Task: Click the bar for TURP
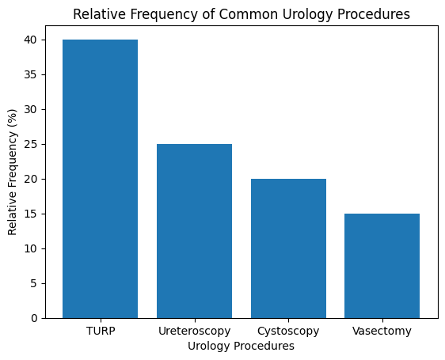pos(100,179)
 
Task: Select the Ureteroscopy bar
pos(194,231)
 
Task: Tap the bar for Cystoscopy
pos(288,248)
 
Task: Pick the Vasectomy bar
pos(382,266)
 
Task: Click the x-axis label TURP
pos(100,332)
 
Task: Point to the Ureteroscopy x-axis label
pos(194,332)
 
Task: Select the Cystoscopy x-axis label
pos(288,332)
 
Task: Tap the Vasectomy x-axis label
pos(382,332)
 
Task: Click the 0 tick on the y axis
pos(34,318)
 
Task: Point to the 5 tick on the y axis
pos(34,283)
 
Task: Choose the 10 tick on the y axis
pos(32,248)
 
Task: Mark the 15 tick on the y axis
pos(32,214)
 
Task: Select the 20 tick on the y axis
pos(32,179)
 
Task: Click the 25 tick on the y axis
pos(32,144)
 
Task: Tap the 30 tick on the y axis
pos(32,109)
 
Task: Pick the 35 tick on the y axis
pos(32,74)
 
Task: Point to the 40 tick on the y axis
pos(32,40)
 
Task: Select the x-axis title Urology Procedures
pos(241,347)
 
